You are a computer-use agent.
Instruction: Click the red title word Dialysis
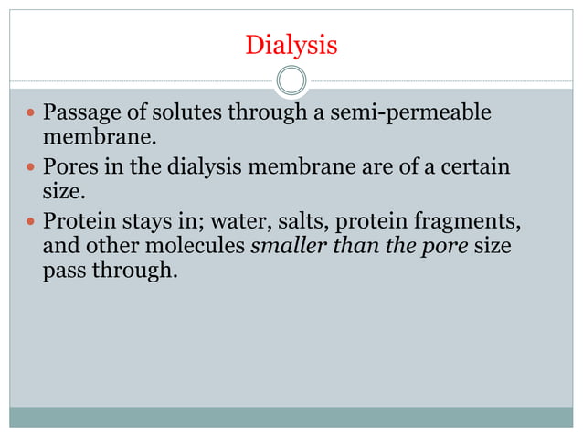click(x=291, y=44)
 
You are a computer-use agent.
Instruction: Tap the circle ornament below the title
click(x=291, y=80)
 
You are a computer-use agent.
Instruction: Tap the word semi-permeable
click(x=413, y=113)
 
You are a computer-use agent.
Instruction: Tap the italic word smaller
click(x=285, y=248)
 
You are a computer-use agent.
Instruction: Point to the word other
click(x=111, y=248)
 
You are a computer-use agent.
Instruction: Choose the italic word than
click(x=348, y=248)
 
